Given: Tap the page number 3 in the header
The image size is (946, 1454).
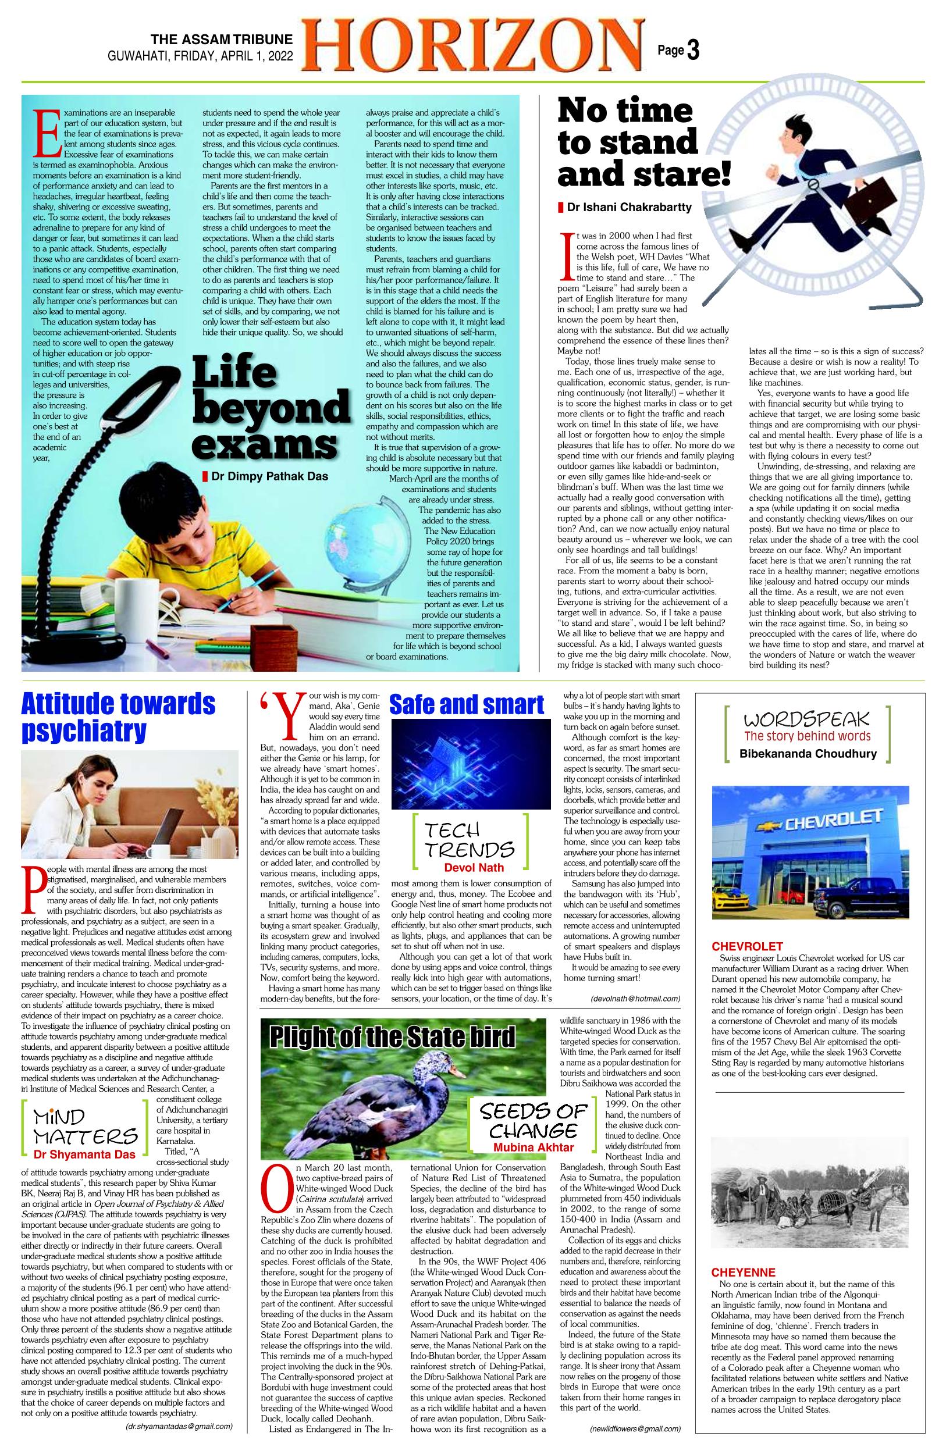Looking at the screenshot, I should (x=692, y=51).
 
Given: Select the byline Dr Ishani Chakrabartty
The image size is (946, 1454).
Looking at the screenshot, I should (x=629, y=208).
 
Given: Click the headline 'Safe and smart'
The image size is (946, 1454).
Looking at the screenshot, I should (x=466, y=704).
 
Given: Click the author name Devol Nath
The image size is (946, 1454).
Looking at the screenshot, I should (x=470, y=867).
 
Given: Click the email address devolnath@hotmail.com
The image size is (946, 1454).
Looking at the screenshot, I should (x=635, y=998).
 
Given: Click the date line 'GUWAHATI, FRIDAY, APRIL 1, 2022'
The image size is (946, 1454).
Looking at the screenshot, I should (x=201, y=56).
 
